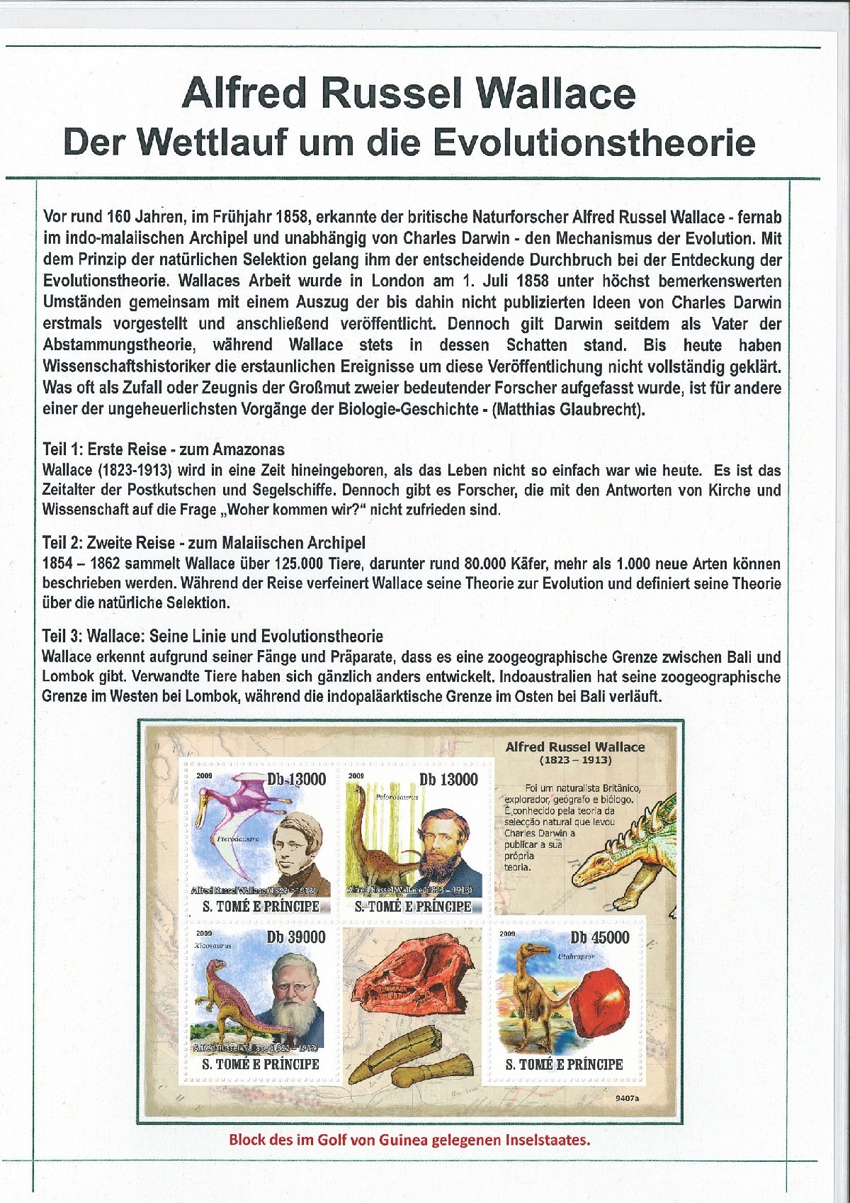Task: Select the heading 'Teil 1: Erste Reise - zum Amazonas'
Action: tap(164, 449)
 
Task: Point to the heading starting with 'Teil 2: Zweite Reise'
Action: tap(204, 542)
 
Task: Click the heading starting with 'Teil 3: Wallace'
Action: tap(212, 636)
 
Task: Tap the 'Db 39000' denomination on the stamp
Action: tap(296, 937)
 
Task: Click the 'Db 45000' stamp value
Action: tap(599, 937)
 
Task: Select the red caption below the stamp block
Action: tap(409, 1140)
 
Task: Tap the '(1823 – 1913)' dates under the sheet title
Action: tap(575, 760)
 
